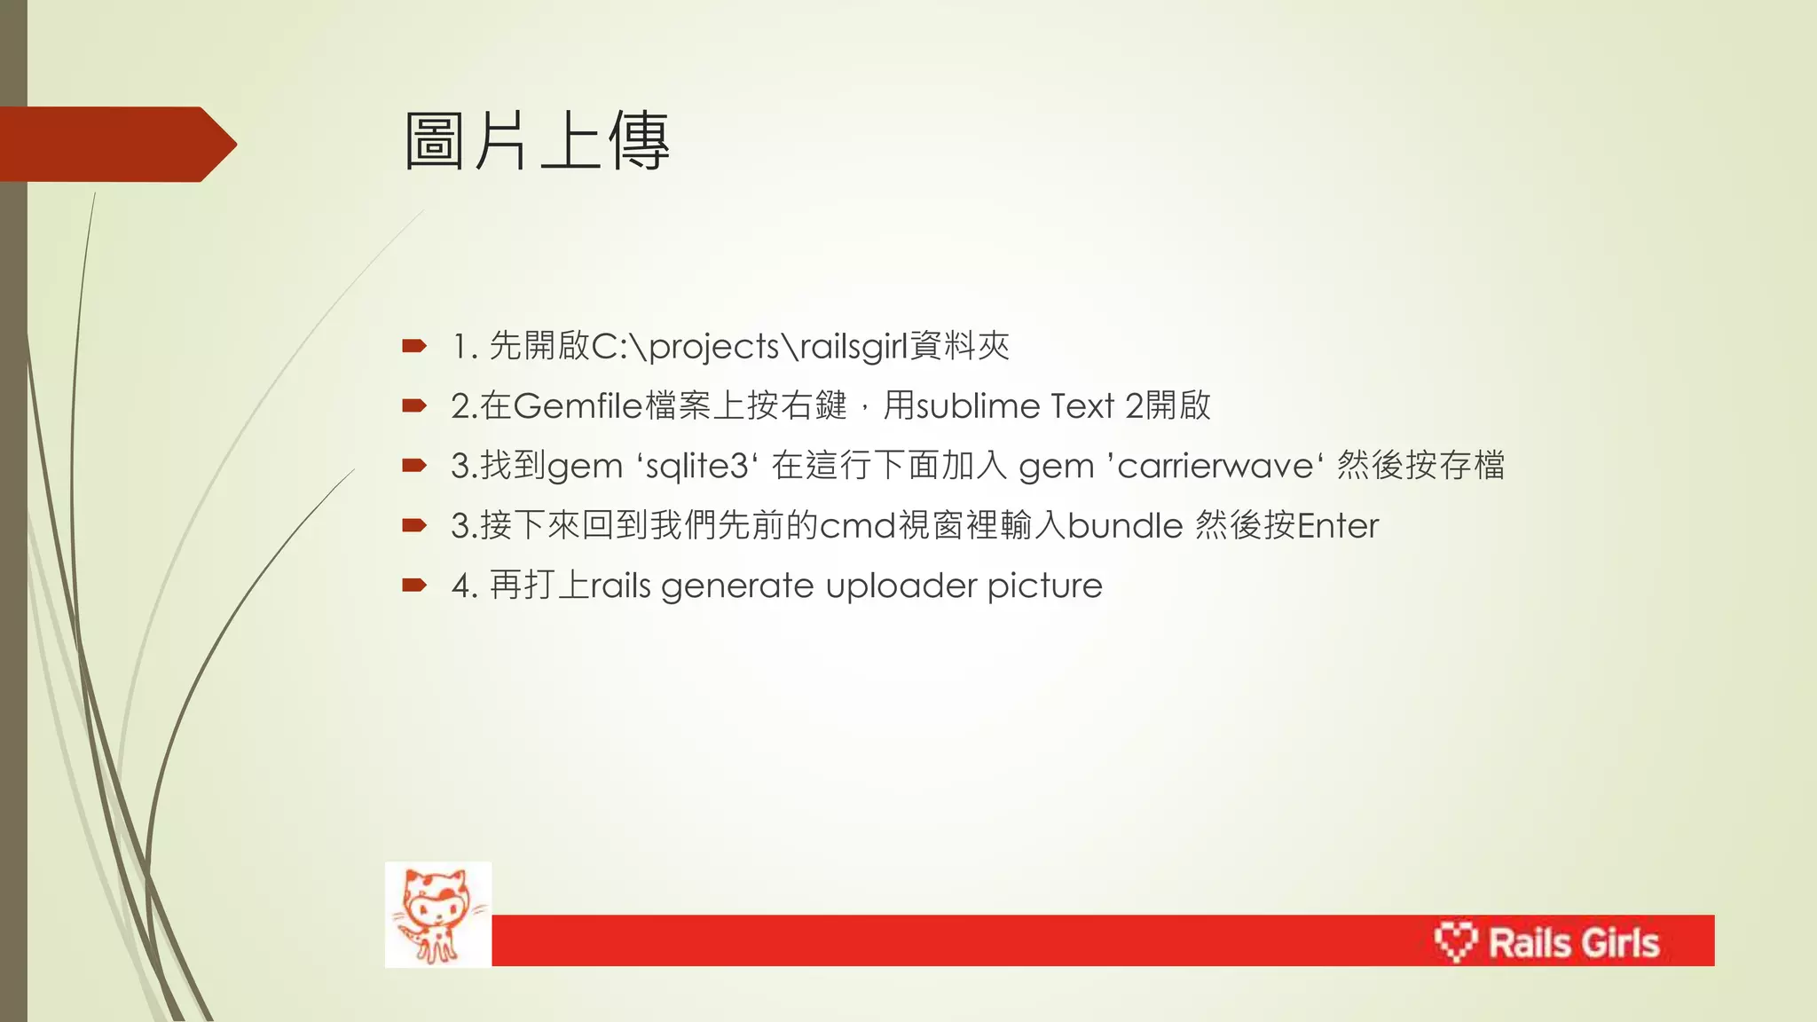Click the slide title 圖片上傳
[x=537, y=142]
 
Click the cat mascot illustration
[x=438, y=915]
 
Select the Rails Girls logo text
[x=1573, y=943]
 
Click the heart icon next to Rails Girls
[x=1455, y=941]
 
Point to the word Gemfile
[x=578, y=406]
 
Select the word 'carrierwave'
[x=1215, y=466]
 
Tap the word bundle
[x=1125, y=526]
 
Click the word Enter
[x=1338, y=526]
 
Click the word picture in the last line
[x=1044, y=586]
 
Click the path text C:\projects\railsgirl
[x=750, y=346]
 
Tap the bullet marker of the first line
[x=414, y=346]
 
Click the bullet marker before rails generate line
[x=414, y=585]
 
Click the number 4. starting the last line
[x=465, y=586]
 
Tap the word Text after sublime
[x=1082, y=406]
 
